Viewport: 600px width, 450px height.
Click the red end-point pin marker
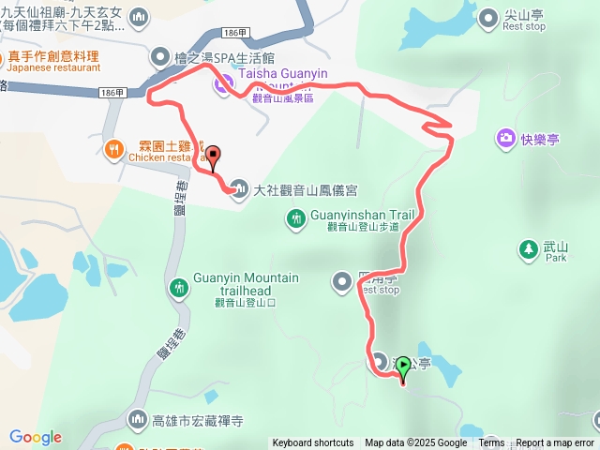213,157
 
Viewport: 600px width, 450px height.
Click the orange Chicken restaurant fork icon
113,148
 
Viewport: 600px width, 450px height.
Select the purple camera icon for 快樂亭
506,139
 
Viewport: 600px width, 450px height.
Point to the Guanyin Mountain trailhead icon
179,285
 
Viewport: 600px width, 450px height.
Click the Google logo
36,437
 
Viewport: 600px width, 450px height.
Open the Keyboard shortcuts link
313,443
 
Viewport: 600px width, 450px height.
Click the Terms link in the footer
491,443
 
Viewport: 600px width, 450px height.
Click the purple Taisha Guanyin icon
222,85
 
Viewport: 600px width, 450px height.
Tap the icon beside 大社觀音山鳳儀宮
241,190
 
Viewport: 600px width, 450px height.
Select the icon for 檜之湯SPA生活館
159,57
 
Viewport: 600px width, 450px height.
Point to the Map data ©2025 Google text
415,443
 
